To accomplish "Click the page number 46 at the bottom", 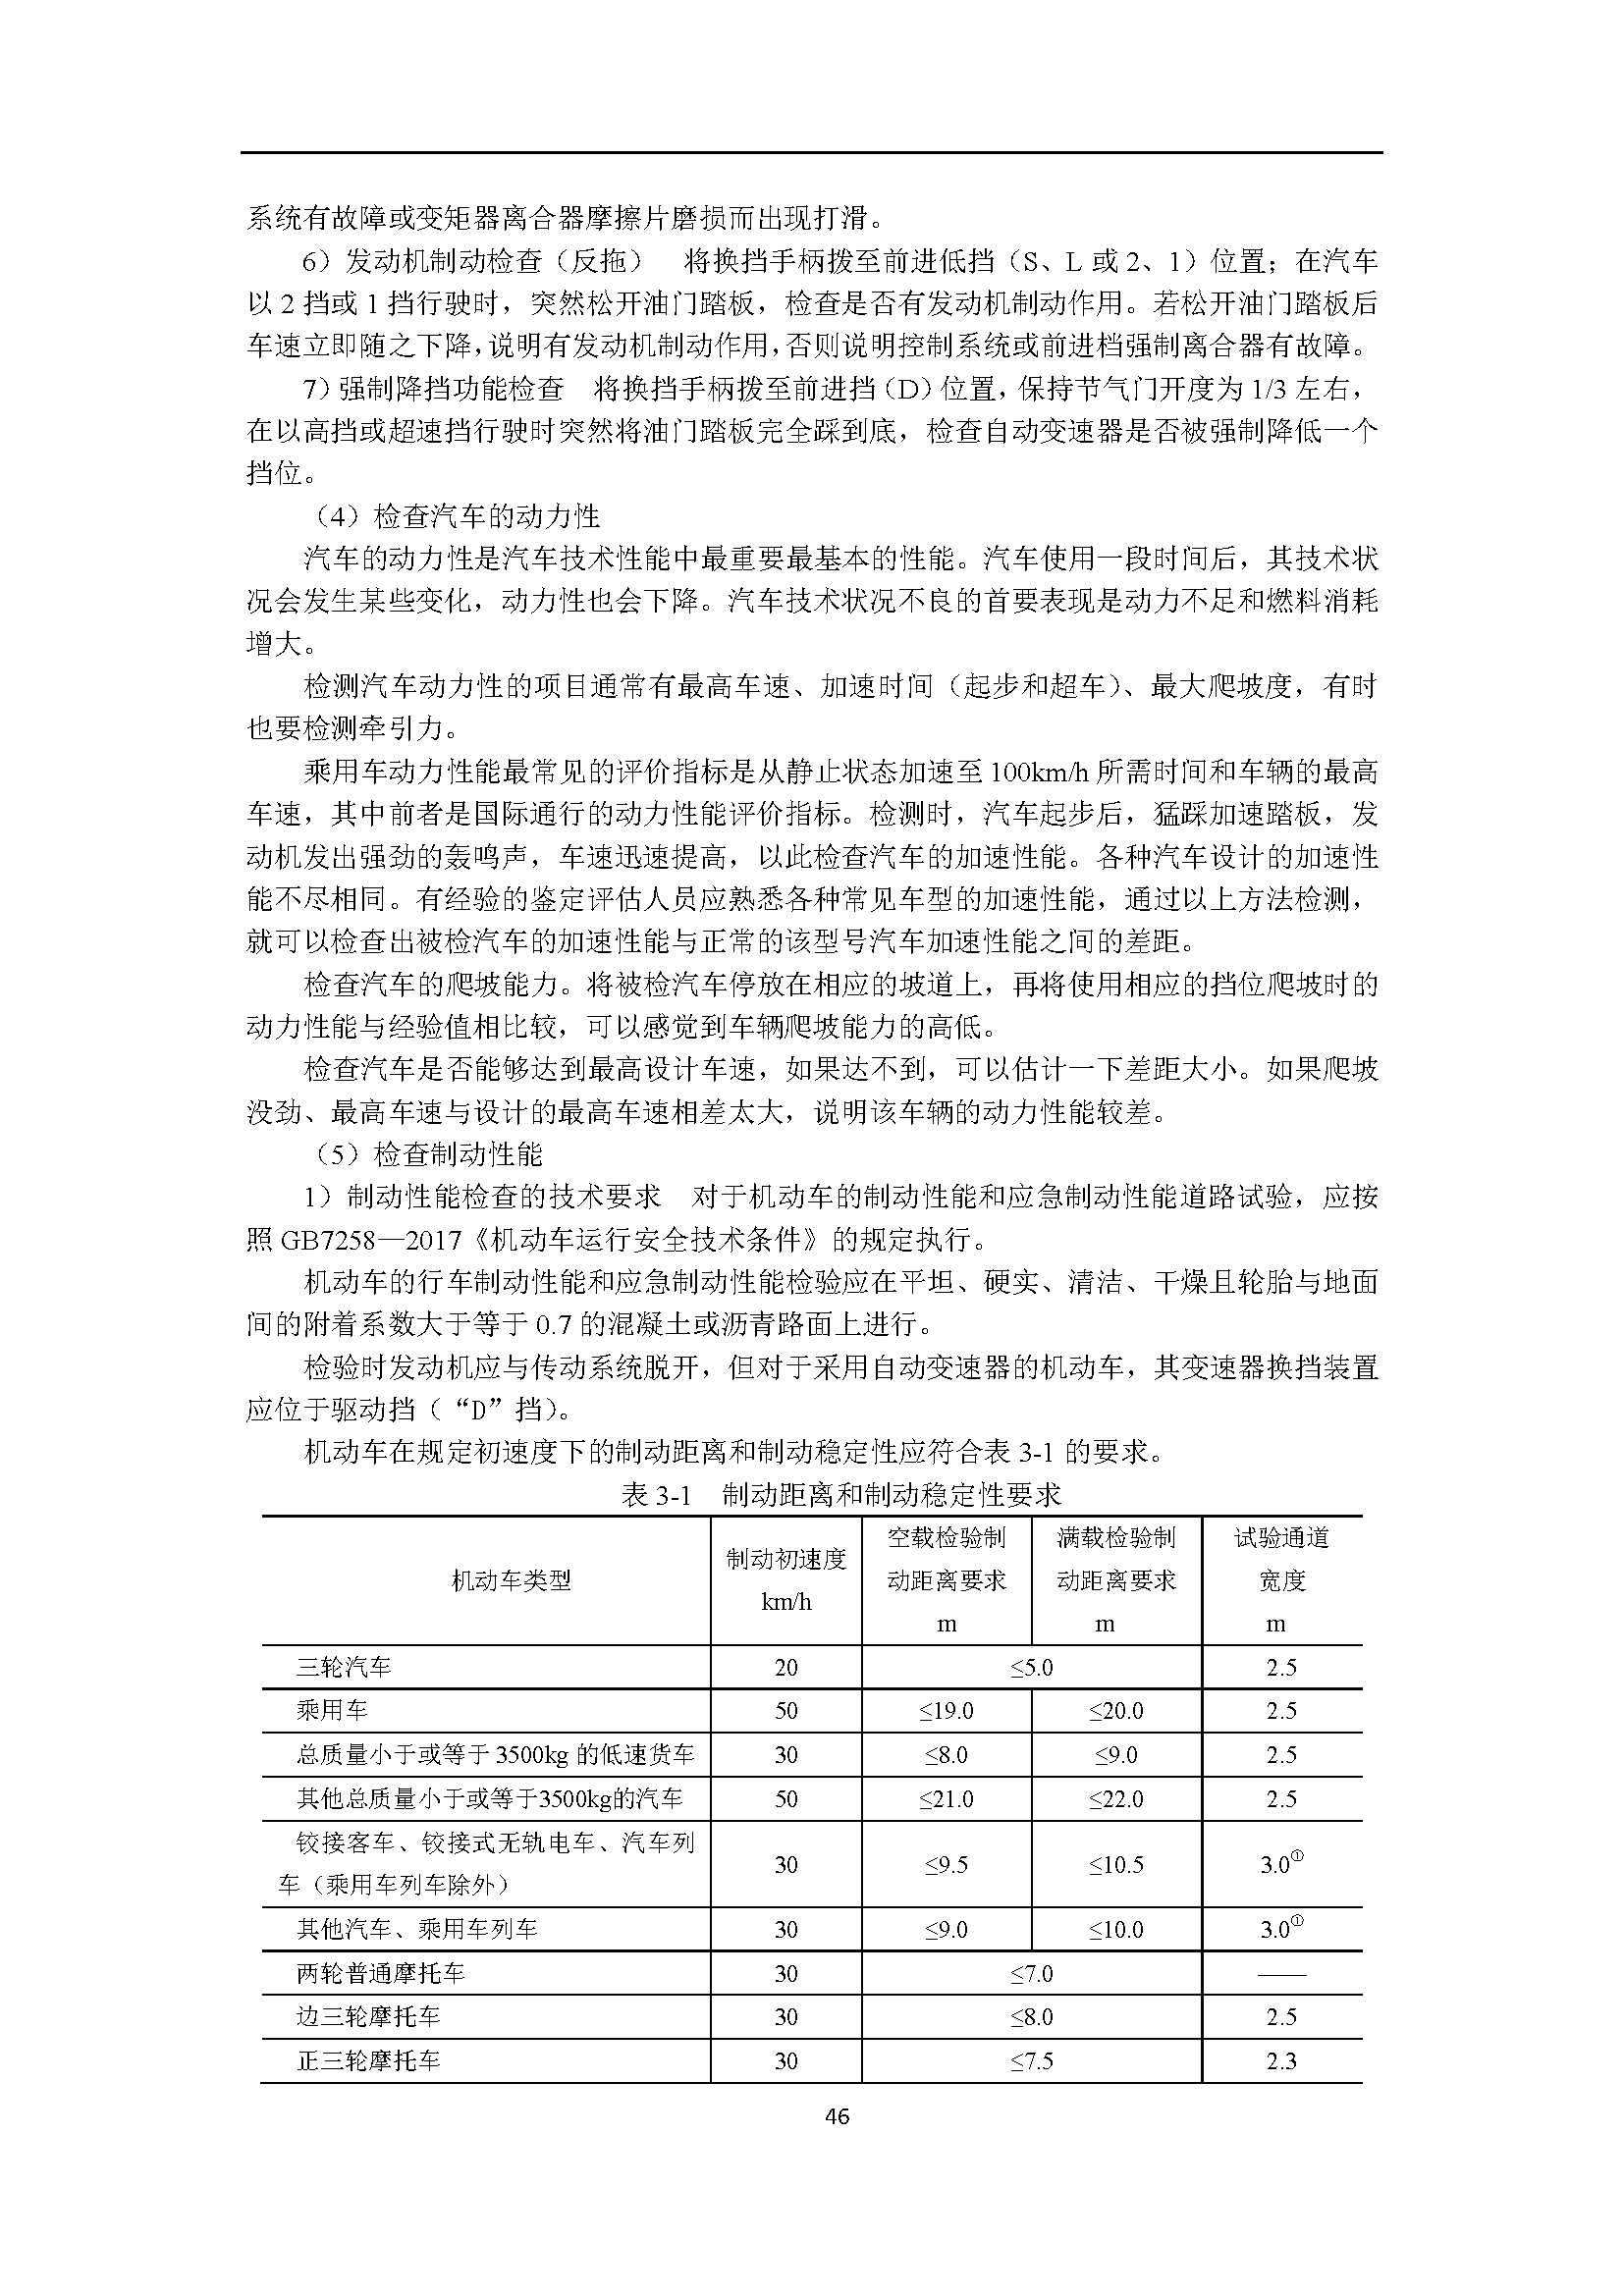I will [x=838, y=2115].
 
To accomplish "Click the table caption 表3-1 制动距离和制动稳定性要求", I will [x=841, y=1495].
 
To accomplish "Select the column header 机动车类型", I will [x=511, y=1580].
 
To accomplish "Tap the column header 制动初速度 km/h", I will [x=786, y=1580].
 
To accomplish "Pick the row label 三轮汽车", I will [x=343, y=1667].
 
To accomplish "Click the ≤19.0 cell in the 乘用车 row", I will [x=946, y=1711].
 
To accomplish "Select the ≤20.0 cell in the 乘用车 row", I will [x=1116, y=1711].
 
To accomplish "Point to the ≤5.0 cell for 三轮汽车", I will [x=1031, y=1667].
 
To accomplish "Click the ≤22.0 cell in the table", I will [x=1116, y=1799].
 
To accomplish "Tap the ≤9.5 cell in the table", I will [x=946, y=1864].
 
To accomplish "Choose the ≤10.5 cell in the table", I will [x=1116, y=1864].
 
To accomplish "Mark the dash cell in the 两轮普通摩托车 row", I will [x=1281, y=1974].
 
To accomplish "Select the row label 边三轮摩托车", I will [x=368, y=2017].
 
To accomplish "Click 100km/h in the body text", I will [x=1040, y=772].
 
